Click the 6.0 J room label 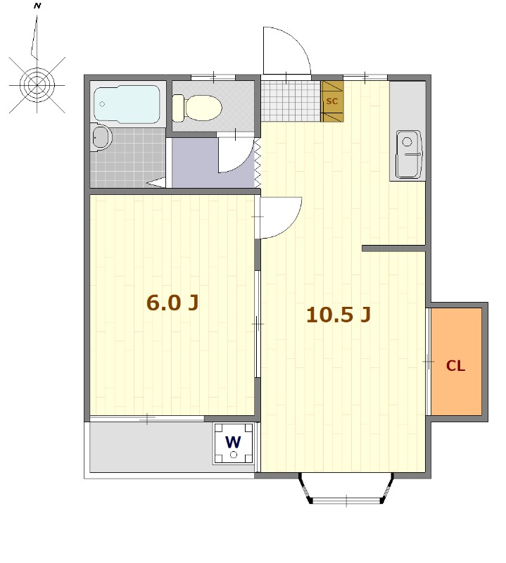pyautogui.click(x=172, y=303)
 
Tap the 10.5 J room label pyautogui.click(x=339, y=315)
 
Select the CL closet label pyautogui.click(x=455, y=366)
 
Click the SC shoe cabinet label pyautogui.click(x=332, y=101)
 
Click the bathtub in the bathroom pyautogui.click(x=127, y=104)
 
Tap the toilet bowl pyautogui.click(x=197, y=108)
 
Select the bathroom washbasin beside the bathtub pyautogui.click(x=101, y=137)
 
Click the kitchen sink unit pyautogui.click(x=408, y=154)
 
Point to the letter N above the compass pyautogui.click(x=37, y=6)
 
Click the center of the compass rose pyautogui.click(x=37, y=85)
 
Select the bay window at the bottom pyautogui.click(x=346, y=489)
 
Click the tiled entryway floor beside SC pyautogui.click(x=291, y=101)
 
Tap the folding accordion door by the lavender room pyautogui.click(x=258, y=163)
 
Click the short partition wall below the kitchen pyautogui.click(x=393, y=248)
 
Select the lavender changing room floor pyautogui.click(x=196, y=163)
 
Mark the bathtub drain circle pyautogui.click(x=102, y=104)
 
